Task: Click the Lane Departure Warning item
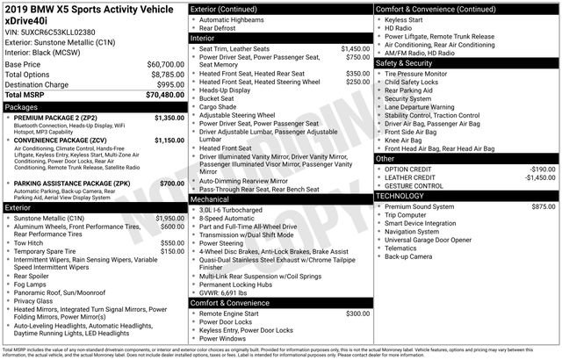point(424,106)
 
